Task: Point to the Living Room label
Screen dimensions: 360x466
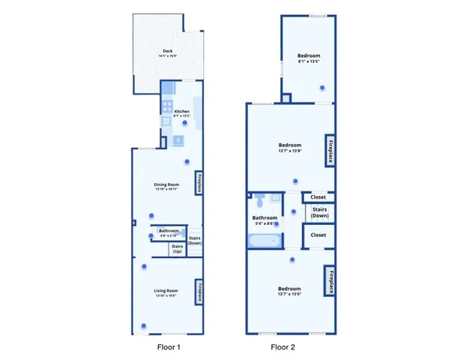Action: click(x=166, y=292)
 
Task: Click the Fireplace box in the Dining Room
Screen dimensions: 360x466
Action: click(x=199, y=184)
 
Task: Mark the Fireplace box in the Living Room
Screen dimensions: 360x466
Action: click(x=199, y=291)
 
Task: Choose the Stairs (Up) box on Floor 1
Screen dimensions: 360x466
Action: click(x=178, y=248)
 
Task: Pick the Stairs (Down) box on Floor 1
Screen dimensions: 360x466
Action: click(x=195, y=241)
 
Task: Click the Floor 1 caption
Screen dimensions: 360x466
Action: click(x=168, y=347)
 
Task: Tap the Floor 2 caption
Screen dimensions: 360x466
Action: click(x=284, y=347)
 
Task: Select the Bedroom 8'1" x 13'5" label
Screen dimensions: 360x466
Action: click(x=309, y=58)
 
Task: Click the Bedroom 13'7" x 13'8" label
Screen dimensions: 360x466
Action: click(x=290, y=147)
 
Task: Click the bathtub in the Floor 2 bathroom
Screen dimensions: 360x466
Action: click(x=264, y=241)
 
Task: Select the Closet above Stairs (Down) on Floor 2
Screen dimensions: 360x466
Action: click(x=318, y=197)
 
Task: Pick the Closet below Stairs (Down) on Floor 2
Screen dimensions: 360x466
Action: click(x=318, y=235)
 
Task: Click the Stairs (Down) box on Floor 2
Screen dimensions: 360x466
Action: click(x=318, y=212)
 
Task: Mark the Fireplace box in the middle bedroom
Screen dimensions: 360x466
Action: click(x=329, y=151)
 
